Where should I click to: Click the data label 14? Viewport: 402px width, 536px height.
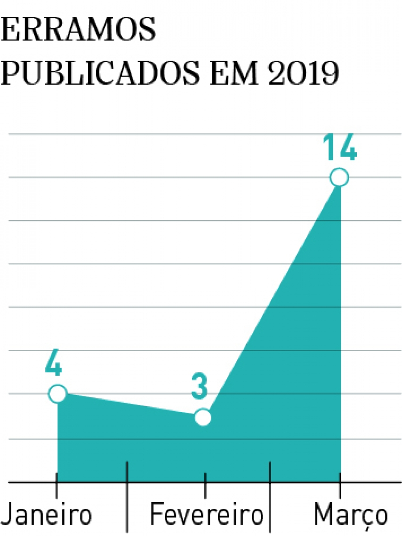click(339, 149)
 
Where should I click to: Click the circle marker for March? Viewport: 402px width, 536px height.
click(339, 178)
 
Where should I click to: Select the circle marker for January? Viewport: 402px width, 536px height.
click(57, 393)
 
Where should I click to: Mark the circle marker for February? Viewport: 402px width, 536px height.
click(203, 417)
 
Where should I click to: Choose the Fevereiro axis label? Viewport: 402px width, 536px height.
click(207, 514)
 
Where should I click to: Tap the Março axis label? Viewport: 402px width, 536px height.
click(351, 514)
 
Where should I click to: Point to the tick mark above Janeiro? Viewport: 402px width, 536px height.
click(56, 489)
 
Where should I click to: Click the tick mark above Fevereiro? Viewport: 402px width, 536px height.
click(205, 489)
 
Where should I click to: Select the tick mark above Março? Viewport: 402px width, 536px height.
click(339, 489)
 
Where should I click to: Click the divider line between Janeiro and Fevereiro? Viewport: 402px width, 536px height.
click(127, 508)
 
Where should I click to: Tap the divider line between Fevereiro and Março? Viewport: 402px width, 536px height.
click(270, 508)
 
